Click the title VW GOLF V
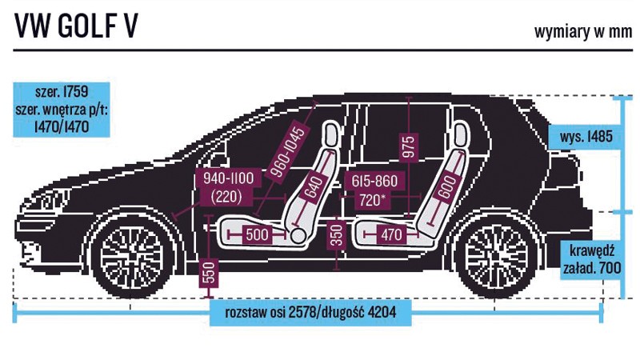click(x=76, y=26)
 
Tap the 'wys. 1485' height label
click(x=586, y=137)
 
